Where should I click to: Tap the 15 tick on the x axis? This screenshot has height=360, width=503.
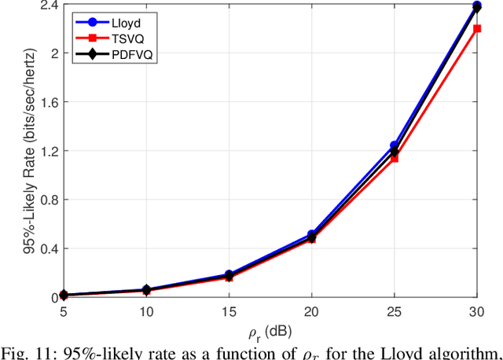coord(228,311)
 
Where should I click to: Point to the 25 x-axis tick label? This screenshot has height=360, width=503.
coord(394,311)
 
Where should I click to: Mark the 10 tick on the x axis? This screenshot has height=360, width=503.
coord(145,311)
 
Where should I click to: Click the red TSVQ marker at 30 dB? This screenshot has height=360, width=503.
coord(476,29)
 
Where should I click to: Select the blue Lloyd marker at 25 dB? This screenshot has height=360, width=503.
coord(394,145)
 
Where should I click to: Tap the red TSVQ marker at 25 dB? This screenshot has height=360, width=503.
coord(394,158)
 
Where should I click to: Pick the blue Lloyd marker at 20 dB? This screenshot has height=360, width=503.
coord(311,234)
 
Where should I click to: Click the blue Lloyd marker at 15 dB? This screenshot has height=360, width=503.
coord(228,275)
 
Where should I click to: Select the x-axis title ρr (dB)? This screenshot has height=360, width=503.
coord(270,329)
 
